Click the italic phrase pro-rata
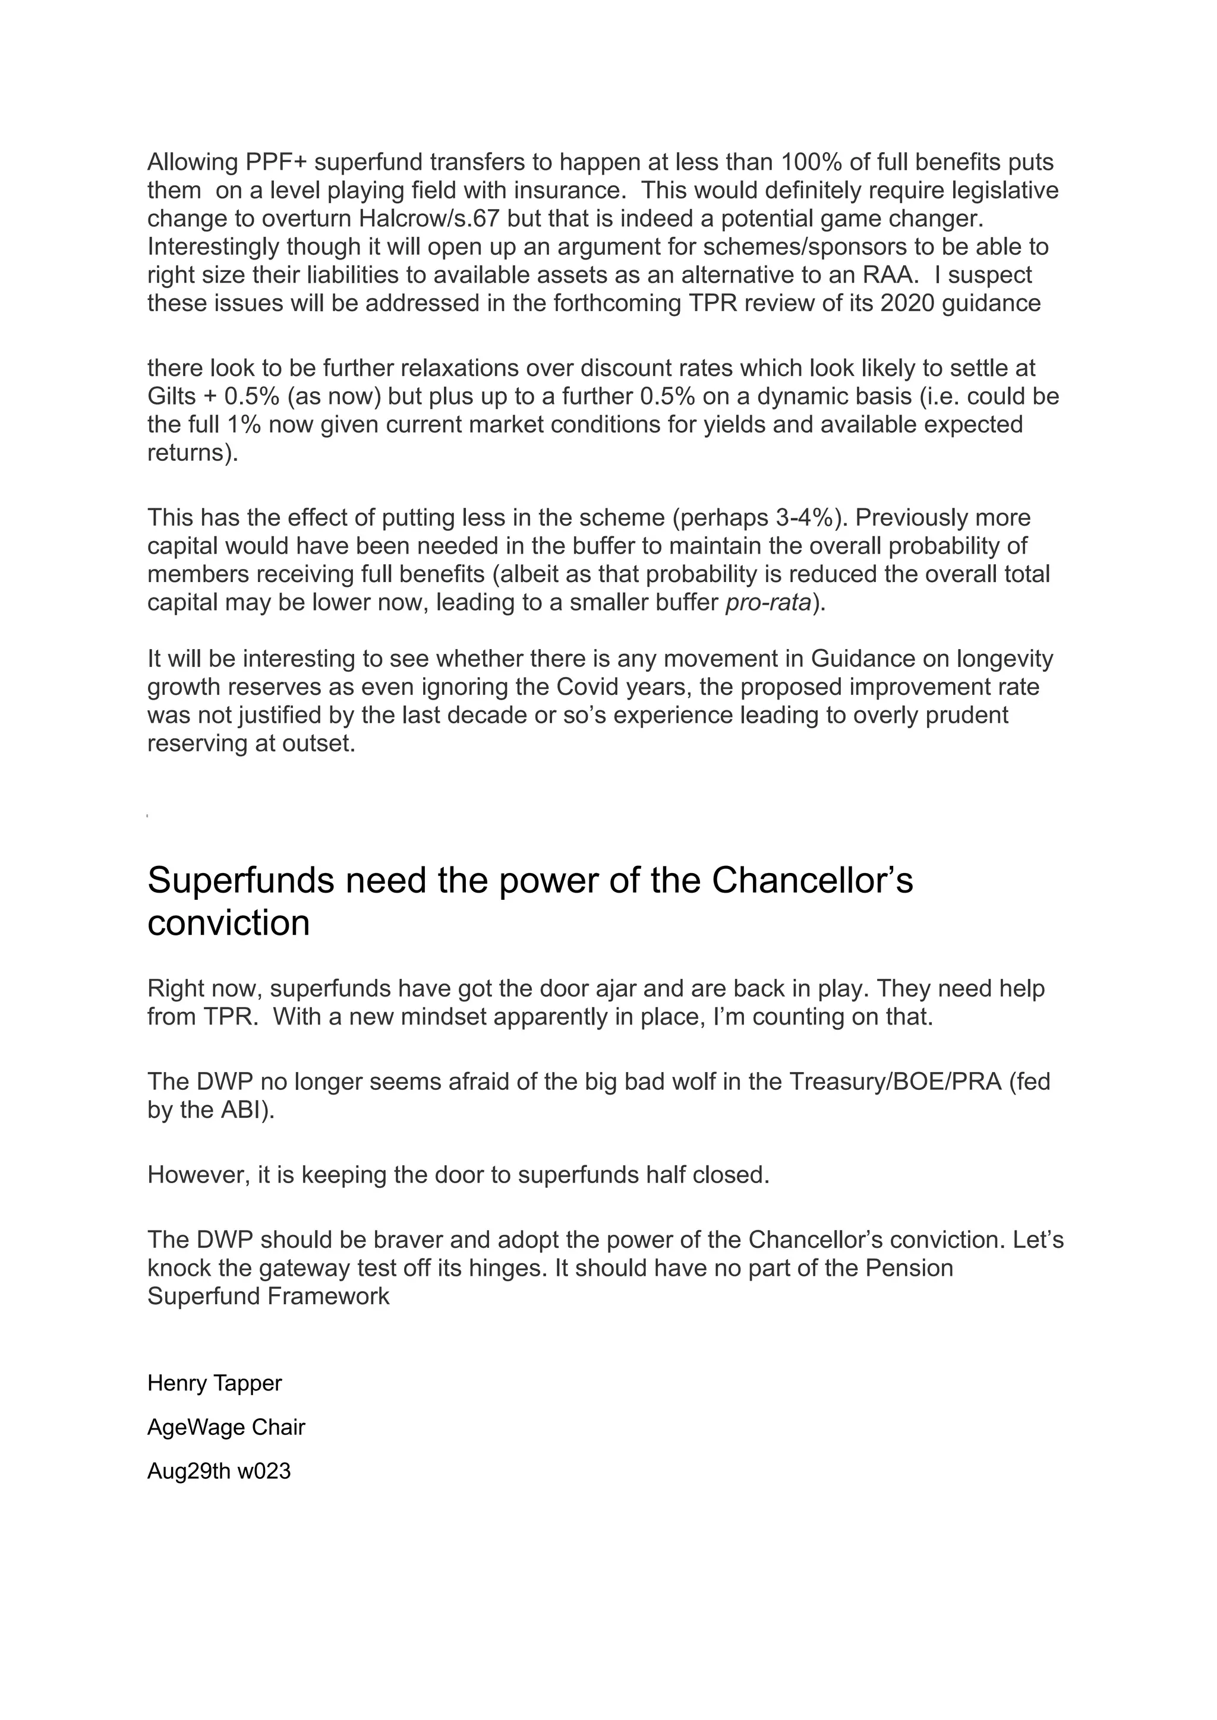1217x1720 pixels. [x=768, y=602]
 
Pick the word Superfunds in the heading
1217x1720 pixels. [x=240, y=880]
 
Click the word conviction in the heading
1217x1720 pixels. [x=229, y=921]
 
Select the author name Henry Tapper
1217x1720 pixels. [x=215, y=1383]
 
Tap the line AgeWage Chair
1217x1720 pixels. [x=226, y=1427]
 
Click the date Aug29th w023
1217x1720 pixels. [x=219, y=1471]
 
